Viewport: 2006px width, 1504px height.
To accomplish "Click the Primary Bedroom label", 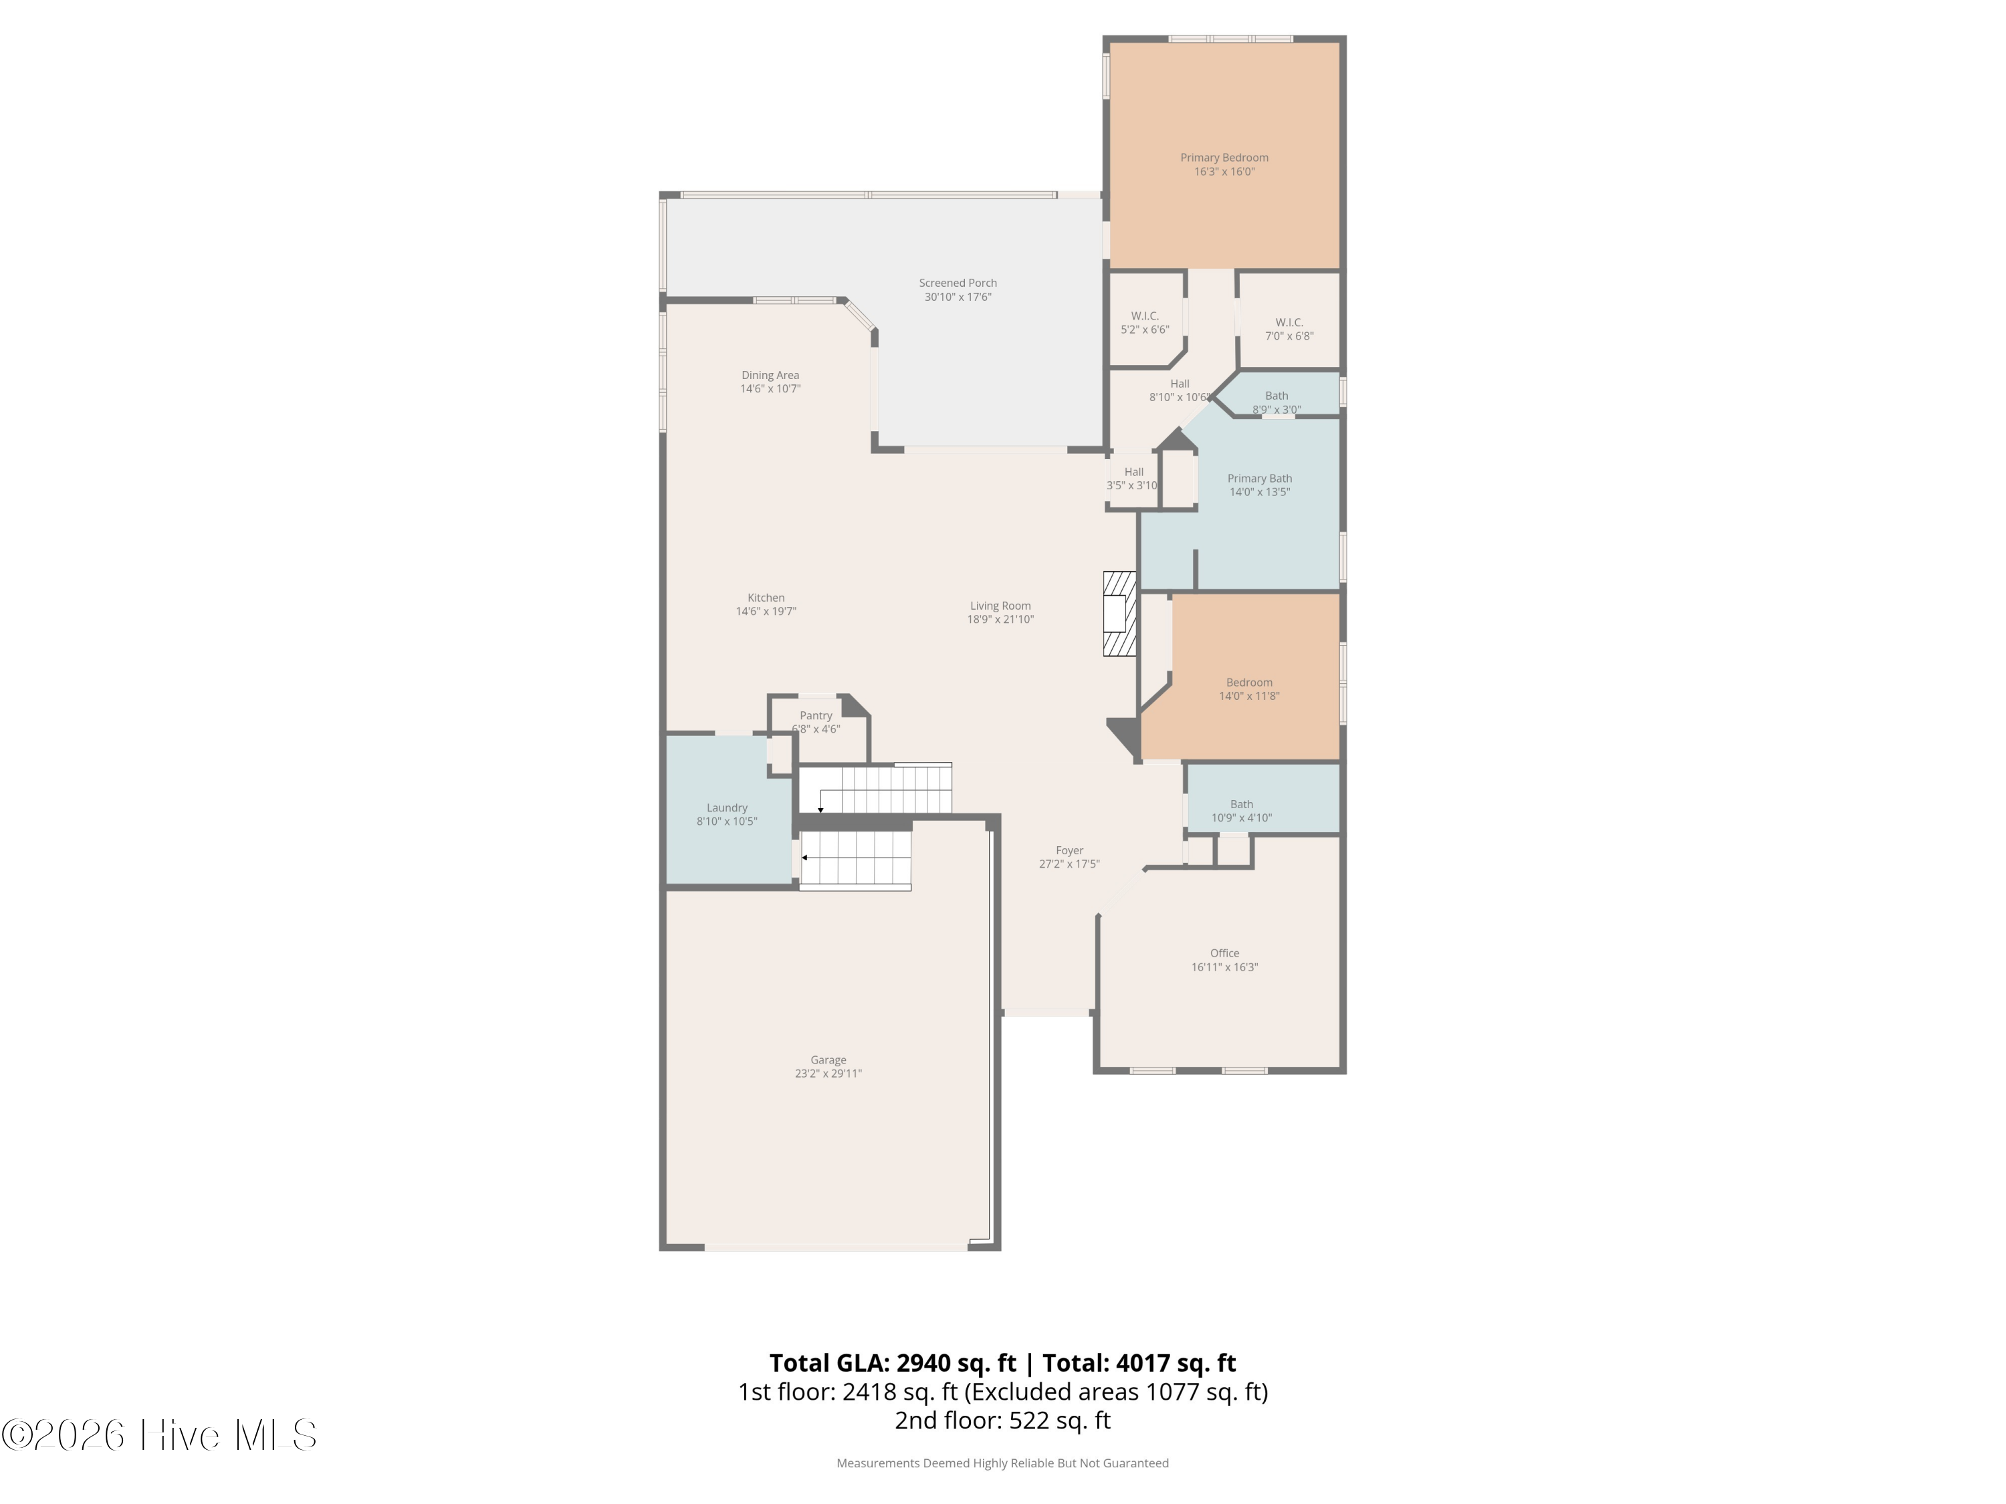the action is click(x=1224, y=158).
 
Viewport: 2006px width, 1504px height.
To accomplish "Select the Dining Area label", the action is click(x=770, y=375).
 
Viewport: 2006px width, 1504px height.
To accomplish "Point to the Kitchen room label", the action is click(x=766, y=598).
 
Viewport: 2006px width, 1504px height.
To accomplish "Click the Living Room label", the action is click(x=1000, y=606).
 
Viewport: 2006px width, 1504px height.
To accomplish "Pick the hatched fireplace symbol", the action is click(x=1120, y=614).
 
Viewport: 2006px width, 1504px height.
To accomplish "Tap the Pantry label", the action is click(x=816, y=716).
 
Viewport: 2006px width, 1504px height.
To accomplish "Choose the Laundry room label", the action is click(x=728, y=807).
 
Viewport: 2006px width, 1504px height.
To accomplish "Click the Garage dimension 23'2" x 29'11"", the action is click(x=828, y=1074).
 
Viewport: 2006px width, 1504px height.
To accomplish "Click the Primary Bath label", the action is click(x=1260, y=479).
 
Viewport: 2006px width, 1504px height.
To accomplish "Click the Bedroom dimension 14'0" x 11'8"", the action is click(x=1249, y=697).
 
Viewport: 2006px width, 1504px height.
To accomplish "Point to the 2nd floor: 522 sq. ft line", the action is click(x=1002, y=1420).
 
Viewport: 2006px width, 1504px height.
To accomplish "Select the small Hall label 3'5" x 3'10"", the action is click(x=1133, y=479).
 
